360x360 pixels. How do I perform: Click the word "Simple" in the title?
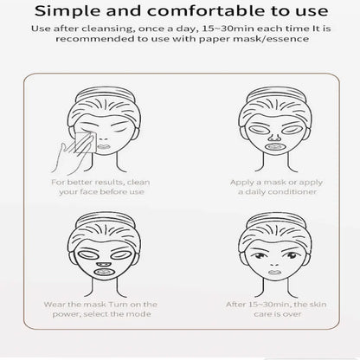click(x=67, y=11)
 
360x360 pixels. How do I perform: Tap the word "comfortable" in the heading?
click(x=205, y=11)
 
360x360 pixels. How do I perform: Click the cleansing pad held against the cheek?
click(x=85, y=143)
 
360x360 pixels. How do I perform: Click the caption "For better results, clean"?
click(x=100, y=183)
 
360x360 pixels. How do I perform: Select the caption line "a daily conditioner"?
click(x=277, y=192)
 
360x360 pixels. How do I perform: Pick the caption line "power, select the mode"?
click(x=102, y=314)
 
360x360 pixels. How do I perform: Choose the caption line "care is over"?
click(x=278, y=314)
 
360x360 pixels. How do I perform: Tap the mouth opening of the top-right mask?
click(x=275, y=146)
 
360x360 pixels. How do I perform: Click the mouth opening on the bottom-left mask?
click(x=104, y=272)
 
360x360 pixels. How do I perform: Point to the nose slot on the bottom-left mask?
click(x=104, y=264)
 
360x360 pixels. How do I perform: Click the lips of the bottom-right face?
click(x=274, y=273)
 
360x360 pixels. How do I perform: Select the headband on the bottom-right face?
click(x=275, y=219)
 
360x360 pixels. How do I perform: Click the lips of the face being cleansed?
click(x=103, y=147)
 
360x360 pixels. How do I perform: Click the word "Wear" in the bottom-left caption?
click(x=53, y=305)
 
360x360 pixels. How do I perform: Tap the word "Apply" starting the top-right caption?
click(x=241, y=183)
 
